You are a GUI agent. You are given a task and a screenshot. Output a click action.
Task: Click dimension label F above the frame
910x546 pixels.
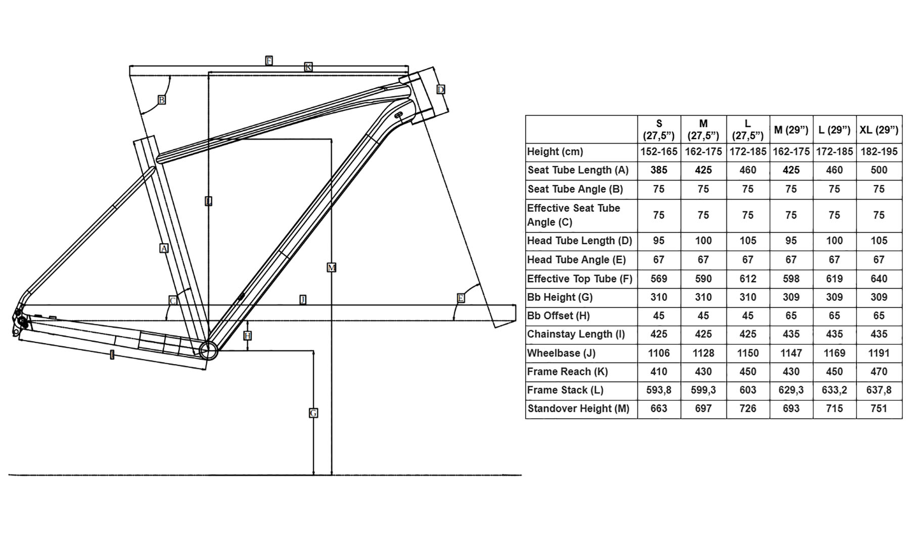click(269, 61)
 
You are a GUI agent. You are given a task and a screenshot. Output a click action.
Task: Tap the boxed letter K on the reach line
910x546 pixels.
click(308, 67)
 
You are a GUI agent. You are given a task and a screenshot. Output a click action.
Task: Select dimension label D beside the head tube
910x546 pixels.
click(441, 89)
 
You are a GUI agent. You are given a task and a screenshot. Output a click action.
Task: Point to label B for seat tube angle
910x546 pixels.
click(162, 100)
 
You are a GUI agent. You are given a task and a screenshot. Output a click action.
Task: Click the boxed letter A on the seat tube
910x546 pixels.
click(164, 248)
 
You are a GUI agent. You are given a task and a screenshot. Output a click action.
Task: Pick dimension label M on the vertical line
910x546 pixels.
click(332, 267)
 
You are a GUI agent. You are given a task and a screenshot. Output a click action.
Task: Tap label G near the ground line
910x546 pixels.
click(313, 413)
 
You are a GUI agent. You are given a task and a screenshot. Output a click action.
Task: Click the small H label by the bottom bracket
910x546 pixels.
click(247, 336)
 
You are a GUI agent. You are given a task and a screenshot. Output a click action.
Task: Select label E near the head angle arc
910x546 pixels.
click(461, 298)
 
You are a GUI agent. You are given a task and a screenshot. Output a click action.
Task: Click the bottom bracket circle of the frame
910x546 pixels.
click(208, 350)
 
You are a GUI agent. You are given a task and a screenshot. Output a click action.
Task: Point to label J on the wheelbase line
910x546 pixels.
click(303, 300)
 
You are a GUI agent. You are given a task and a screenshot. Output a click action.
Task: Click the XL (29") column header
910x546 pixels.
click(879, 130)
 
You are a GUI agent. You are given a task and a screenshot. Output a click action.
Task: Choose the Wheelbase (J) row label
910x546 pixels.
click(561, 353)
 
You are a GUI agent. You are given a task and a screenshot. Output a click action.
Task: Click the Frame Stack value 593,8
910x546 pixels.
click(659, 390)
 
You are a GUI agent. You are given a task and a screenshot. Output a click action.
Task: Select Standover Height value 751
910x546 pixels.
click(879, 408)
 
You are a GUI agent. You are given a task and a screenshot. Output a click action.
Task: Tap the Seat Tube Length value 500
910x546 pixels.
click(879, 170)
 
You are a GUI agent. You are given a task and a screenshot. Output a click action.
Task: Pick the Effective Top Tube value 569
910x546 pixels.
click(659, 279)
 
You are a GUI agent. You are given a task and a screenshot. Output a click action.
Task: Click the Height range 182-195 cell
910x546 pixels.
click(879, 152)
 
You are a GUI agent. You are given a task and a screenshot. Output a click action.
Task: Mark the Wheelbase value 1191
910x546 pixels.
click(879, 353)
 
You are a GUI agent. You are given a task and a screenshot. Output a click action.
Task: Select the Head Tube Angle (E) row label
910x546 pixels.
click(576, 260)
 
